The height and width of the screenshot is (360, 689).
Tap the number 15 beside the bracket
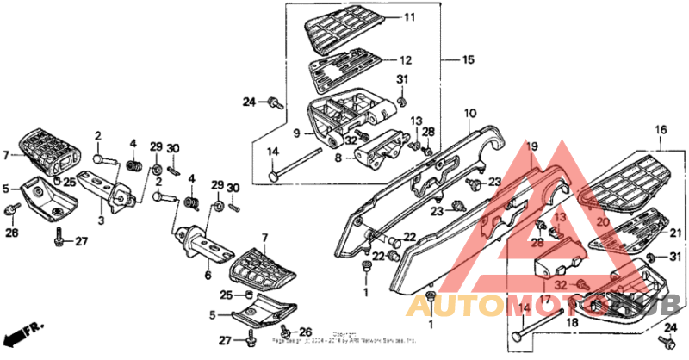point(468,60)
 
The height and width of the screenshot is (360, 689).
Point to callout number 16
point(661,130)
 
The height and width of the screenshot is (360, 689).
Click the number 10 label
point(470,114)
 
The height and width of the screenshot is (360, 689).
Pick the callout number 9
point(295,133)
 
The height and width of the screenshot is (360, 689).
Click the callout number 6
point(208,276)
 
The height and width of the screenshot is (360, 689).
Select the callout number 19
point(532,146)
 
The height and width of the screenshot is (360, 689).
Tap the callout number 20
point(602,221)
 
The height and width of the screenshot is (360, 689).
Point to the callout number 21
point(675,233)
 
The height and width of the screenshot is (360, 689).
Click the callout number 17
point(544,298)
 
